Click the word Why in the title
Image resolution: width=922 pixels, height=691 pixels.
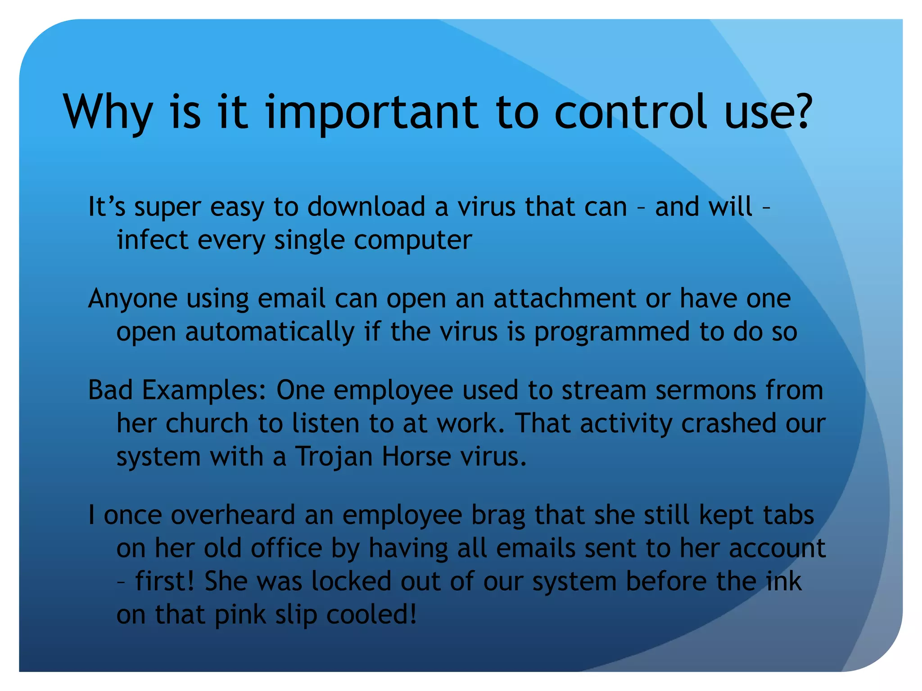(x=108, y=112)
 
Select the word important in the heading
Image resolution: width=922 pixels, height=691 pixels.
(x=372, y=112)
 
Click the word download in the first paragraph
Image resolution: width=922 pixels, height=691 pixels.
(x=366, y=207)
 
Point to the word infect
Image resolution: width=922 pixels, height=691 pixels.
(x=152, y=240)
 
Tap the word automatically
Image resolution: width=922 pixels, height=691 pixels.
(x=269, y=332)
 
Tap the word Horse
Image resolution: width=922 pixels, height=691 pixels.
(x=416, y=457)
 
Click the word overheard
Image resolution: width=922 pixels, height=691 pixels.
(x=233, y=515)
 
